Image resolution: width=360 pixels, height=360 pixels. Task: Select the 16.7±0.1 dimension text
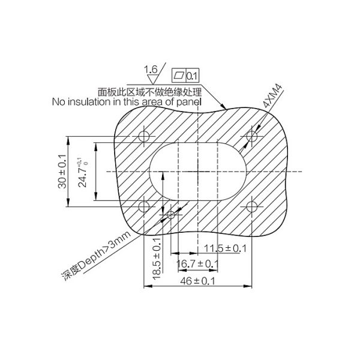pyautogui.click(x=197, y=264)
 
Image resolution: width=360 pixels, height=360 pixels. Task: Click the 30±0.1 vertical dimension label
pyautogui.click(x=62, y=172)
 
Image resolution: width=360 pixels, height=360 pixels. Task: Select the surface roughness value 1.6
pyautogui.click(x=151, y=70)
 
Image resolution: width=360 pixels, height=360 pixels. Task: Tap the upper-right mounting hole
pyautogui.click(x=253, y=137)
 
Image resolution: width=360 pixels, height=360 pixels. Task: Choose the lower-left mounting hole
pyautogui.click(x=144, y=207)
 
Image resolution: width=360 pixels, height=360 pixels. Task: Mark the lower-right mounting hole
pyautogui.click(x=253, y=207)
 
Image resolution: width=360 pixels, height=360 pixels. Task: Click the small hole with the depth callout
pyautogui.click(x=171, y=215)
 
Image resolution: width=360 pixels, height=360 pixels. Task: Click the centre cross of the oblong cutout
pyautogui.click(x=198, y=172)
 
